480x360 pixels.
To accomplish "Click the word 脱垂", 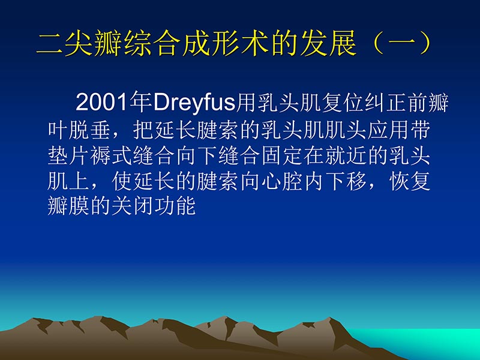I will coord(91,130).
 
